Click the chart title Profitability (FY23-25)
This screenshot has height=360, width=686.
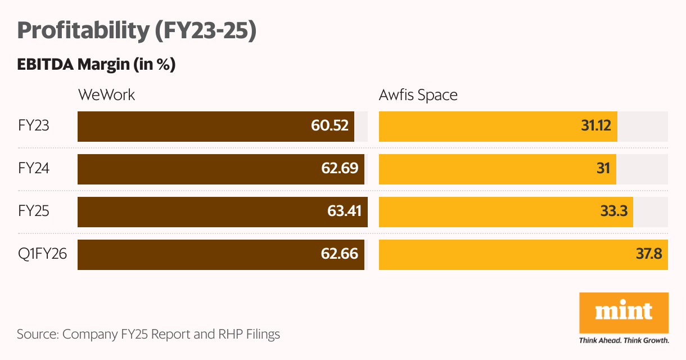pyautogui.click(x=137, y=31)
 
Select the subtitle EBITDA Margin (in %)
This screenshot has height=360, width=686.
pyautogui.click(x=96, y=65)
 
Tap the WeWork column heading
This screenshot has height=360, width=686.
pyautogui.click(x=106, y=94)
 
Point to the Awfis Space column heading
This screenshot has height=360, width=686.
pyautogui.click(x=418, y=94)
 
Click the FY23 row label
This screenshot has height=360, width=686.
pyautogui.click(x=33, y=125)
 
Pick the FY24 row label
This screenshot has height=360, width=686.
pyautogui.click(x=33, y=168)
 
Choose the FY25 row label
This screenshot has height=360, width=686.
pyautogui.click(x=33, y=211)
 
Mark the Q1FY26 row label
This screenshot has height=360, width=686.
pyautogui.click(x=42, y=254)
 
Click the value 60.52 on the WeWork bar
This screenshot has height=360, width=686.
pyautogui.click(x=330, y=125)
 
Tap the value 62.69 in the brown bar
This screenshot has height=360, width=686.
pyautogui.click(x=340, y=168)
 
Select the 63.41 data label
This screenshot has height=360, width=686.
pyautogui.click(x=344, y=211)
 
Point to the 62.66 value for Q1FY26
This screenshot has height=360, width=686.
pyautogui.click(x=340, y=254)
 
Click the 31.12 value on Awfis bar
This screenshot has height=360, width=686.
pyautogui.click(x=595, y=125)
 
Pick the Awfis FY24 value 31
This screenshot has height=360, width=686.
pyautogui.click(x=603, y=168)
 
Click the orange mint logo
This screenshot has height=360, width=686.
pyautogui.click(x=624, y=312)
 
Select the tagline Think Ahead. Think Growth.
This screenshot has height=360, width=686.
pyautogui.click(x=624, y=340)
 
